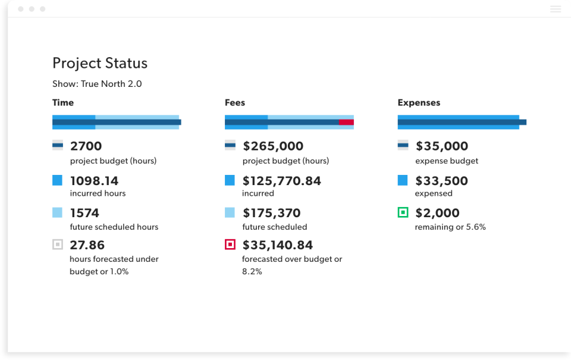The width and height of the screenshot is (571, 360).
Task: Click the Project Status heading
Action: pyautogui.click(x=100, y=63)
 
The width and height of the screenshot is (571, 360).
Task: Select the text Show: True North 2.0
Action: pyautogui.click(x=97, y=84)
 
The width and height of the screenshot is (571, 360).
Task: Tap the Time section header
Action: pyautogui.click(x=63, y=102)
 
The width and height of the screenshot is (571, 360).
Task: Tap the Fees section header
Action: pyautogui.click(x=235, y=102)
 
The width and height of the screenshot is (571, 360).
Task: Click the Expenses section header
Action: pyautogui.click(x=419, y=102)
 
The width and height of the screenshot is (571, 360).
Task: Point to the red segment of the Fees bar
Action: pyautogui.click(x=346, y=122)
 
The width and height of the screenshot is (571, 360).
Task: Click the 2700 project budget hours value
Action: pyautogui.click(x=86, y=146)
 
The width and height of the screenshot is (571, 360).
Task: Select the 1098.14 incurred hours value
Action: pyautogui.click(x=95, y=181)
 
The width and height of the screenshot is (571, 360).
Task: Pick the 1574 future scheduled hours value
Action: pyautogui.click(x=85, y=213)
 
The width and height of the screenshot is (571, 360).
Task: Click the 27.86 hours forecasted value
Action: pyautogui.click(x=87, y=245)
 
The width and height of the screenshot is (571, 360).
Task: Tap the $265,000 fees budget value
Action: pyautogui.click(x=273, y=146)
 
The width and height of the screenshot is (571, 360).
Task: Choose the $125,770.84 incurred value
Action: pyautogui.click(x=282, y=181)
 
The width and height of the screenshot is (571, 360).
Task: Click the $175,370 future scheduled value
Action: pyautogui.click(x=272, y=213)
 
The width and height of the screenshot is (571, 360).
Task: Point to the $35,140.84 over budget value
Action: pyautogui.click(x=278, y=245)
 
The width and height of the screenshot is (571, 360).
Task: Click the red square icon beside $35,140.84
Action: pyautogui.click(x=230, y=245)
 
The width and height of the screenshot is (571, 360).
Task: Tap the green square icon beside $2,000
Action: pyautogui.click(x=403, y=212)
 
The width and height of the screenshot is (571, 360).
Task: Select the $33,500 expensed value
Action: pyautogui.click(x=442, y=181)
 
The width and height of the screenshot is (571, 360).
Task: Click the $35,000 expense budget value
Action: pyautogui.click(x=442, y=146)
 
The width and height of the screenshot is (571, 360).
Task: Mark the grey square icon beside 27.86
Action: pyautogui.click(x=58, y=245)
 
